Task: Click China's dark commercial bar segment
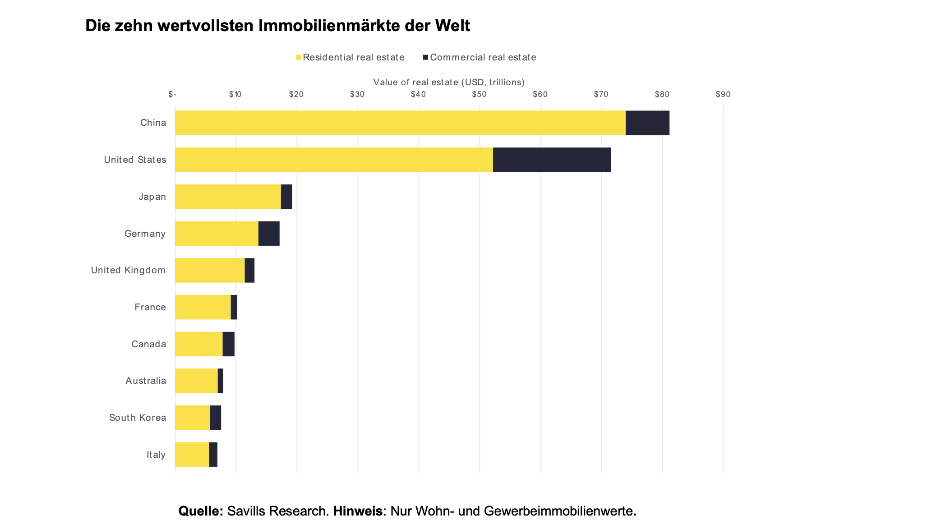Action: coord(647,123)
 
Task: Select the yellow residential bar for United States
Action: coord(334,160)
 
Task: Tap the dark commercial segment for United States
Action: coord(552,160)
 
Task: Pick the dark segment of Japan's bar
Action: coord(286,197)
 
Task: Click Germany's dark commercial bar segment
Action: coord(269,234)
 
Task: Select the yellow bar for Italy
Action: coord(192,455)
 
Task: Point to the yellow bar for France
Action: coord(203,307)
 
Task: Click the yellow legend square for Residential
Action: coord(298,57)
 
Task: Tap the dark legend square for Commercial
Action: coord(425,57)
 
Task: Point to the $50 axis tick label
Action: coord(479,94)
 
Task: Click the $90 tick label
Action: coord(723,94)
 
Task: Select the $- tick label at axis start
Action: coord(172,94)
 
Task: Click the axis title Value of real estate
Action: coord(449,82)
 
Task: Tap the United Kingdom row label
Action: coord(128,270)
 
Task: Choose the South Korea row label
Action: coord(138,418)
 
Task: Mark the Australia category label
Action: coord(146,381)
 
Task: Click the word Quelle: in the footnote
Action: coord(201,511)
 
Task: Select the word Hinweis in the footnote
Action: coord(358,511)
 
